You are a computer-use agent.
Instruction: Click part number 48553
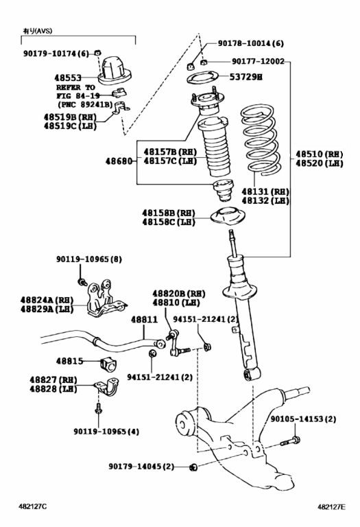[68, 78]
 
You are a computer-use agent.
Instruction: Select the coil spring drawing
[259, 140]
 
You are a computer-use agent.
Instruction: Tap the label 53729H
[245, 77]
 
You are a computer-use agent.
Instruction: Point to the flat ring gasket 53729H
[202, 78]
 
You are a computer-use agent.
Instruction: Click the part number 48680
[119, 161]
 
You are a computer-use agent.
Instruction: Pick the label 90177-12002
[258, 62]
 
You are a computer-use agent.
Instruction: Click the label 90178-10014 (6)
[250, 43]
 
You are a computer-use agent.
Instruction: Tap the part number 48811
[144, 319]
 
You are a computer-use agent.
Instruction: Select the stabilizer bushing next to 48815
[108, 364]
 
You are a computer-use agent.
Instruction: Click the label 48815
[69, 362]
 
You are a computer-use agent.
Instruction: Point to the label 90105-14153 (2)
[303, 419]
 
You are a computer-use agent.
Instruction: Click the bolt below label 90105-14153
[291, 441]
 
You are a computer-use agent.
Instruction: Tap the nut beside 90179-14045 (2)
[193, 467]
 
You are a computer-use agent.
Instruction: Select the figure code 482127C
[33, 506]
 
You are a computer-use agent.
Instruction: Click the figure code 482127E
[331, 506]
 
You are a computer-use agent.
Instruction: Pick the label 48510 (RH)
[320, 154]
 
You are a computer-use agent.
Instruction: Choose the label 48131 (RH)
[265, 191]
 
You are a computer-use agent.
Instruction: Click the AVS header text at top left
[38, 31]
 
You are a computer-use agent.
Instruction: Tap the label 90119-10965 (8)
[89, 259]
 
